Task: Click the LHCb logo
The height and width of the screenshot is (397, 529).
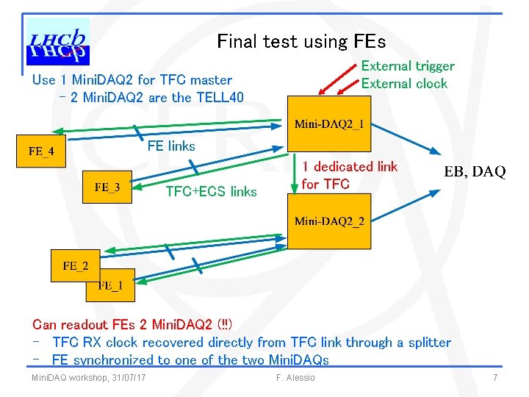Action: coord(57,43)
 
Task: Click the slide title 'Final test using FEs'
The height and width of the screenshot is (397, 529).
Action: coord(301,42)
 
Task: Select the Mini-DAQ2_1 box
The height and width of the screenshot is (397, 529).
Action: coord(329,124)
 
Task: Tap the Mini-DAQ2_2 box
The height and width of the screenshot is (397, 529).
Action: coord(329,221)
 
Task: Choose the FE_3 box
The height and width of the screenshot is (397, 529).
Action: coord(107,187)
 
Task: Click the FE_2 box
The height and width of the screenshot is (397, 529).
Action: coord(74,265)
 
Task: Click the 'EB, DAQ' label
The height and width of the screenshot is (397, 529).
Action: coord(475,172)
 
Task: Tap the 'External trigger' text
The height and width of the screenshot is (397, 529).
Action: coord(408,66)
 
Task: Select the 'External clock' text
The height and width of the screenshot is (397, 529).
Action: coord(404,83)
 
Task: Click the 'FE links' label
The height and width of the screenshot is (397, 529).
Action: coord(171,146)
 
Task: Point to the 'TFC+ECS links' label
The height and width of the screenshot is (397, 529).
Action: coord(211,192)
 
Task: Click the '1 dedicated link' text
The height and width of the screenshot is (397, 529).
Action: coord(350,167)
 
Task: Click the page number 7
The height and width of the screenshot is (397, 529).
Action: coord(496,378)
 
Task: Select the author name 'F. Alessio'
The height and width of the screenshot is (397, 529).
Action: coord(295,378)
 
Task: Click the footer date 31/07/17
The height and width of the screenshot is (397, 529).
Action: coord(126,378)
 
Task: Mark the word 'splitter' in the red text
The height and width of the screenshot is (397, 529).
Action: coord(422,342)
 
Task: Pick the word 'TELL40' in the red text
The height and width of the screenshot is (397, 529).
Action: coord(219,97)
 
